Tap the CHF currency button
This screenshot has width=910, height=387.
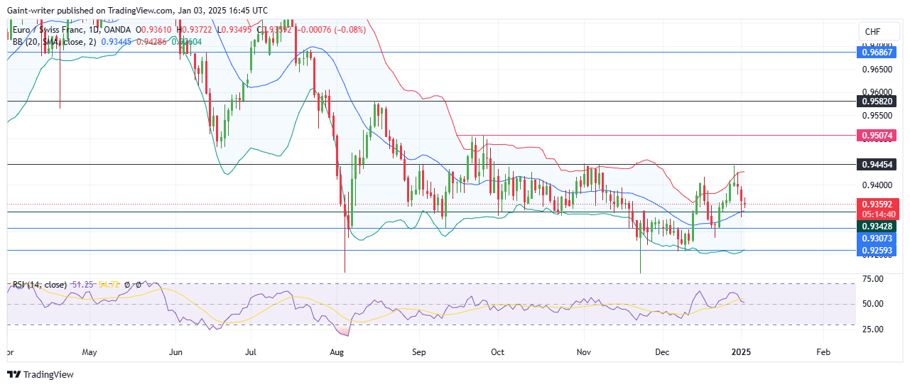tap(871, 32)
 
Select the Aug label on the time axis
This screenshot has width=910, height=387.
tap(337, 351)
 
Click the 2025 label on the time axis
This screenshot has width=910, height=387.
tap(742, 351)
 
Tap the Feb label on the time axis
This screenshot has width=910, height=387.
tap(823, 351)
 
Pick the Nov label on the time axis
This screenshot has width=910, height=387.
tap(584, 351)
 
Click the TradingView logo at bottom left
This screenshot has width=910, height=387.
tap(40, 374)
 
